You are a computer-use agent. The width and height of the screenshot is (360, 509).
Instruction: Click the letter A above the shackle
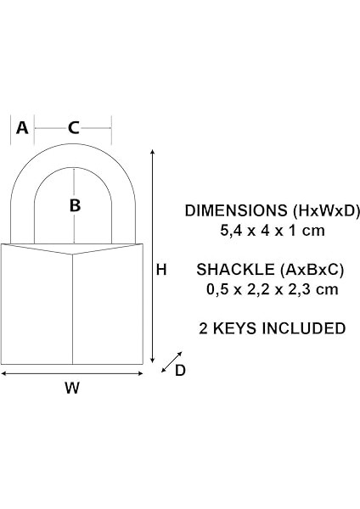coord(23,128)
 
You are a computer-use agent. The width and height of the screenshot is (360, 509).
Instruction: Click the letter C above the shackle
coord(74,128)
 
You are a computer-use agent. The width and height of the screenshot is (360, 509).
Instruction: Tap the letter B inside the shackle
coord(75,204)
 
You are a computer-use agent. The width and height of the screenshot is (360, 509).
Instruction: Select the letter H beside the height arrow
coord(160,269)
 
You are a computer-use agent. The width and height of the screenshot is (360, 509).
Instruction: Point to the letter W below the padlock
coord(72,389)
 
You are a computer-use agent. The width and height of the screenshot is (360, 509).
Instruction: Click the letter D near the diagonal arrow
coord(181,371)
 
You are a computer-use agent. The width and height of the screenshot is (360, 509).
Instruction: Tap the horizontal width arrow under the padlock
coord(72,372)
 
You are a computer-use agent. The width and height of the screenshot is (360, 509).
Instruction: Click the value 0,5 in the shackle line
coord(217,288)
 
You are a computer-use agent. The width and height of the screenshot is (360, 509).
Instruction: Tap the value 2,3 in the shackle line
coord(297,288)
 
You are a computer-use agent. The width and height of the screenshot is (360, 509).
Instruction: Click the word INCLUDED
coord(305,327)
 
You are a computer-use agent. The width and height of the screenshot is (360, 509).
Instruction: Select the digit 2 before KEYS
coord(202,327)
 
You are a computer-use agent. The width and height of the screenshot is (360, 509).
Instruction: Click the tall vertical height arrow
coord(152,255)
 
